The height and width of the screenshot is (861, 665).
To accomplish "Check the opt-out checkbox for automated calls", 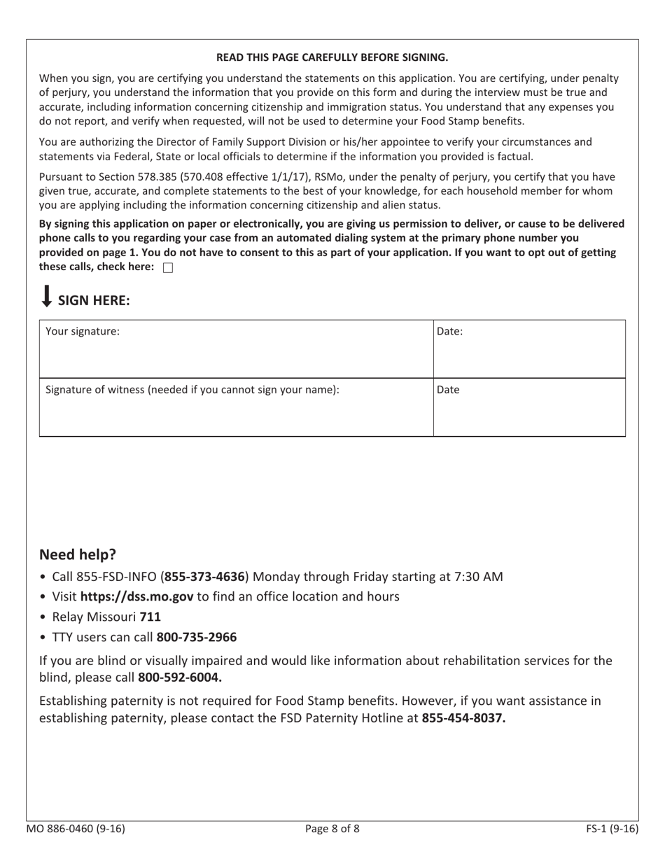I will (x=167, y=268).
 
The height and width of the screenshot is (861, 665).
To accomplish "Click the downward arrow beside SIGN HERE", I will (x=46, y=296).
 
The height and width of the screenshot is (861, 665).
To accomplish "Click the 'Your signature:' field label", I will (x=83, y=332).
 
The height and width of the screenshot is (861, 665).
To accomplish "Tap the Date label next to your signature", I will (x=449, y=332).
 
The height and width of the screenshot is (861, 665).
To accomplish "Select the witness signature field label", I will (x=192, y=390).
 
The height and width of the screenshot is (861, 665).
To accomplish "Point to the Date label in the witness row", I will (x=448, y=390).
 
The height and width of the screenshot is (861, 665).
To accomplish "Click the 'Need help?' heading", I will (x=78, y=554).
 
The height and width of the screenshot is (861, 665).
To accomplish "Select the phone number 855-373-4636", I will (x=204, y=577).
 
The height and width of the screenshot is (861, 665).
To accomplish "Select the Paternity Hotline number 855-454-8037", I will (x=463, y=717).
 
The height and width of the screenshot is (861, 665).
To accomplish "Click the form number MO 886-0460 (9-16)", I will (x=76, y=829).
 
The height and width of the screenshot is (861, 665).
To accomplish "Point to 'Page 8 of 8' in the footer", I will (x=332, y=829).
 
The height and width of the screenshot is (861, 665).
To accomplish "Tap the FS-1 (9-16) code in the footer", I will (x=612, y=829).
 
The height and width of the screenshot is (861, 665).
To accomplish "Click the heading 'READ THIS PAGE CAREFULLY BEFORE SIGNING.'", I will (x=332, y=57).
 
